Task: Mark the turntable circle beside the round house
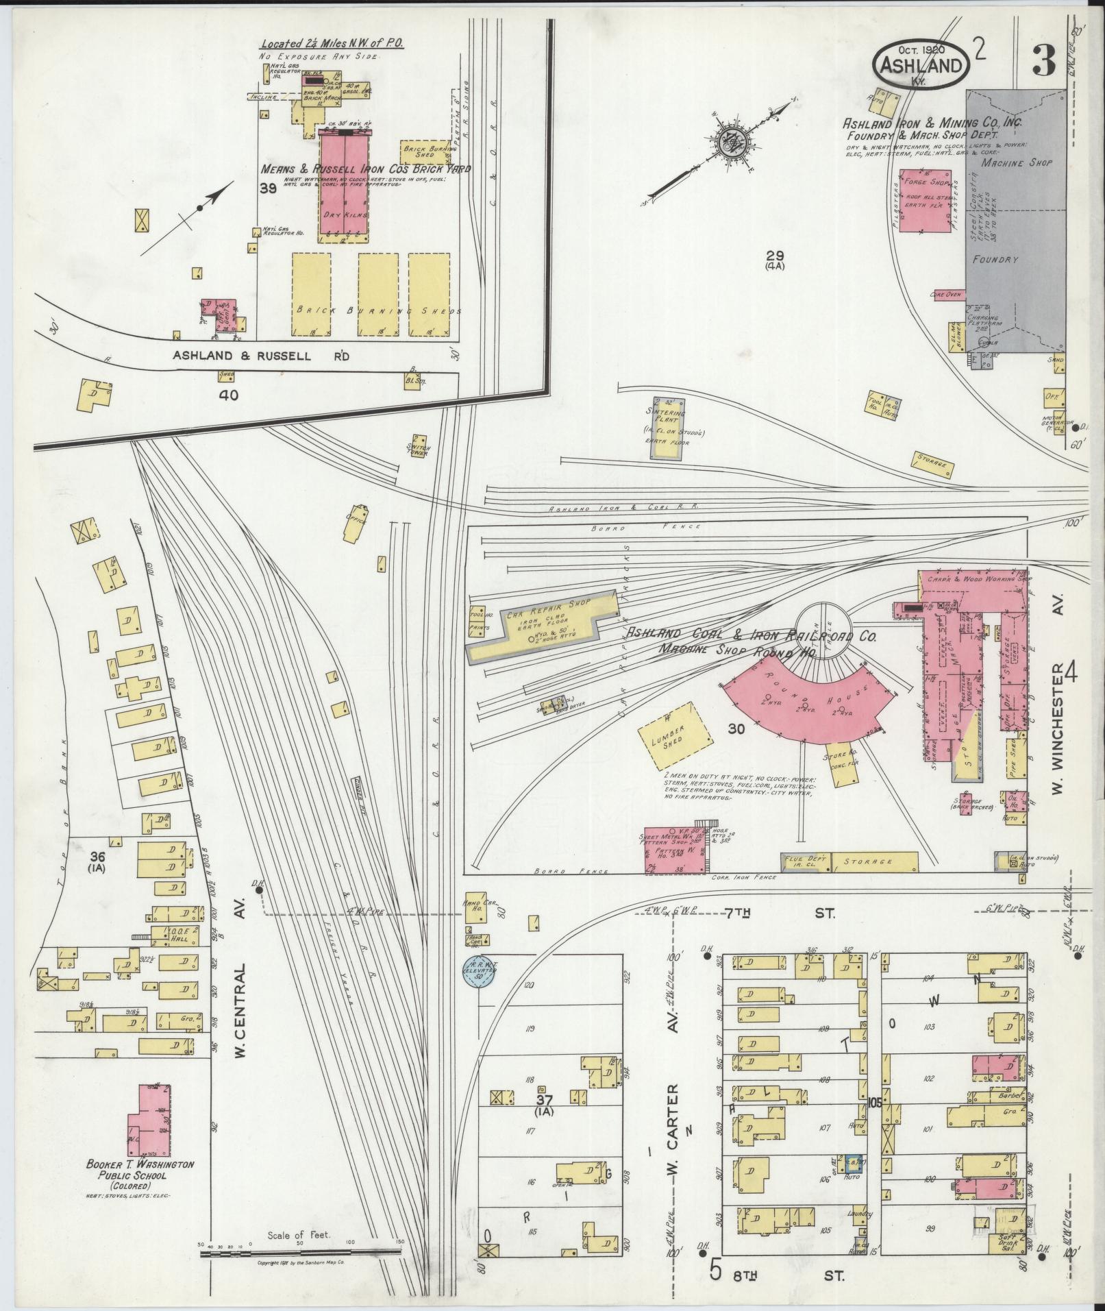(828, 630)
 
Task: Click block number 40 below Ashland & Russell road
(228, 395)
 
